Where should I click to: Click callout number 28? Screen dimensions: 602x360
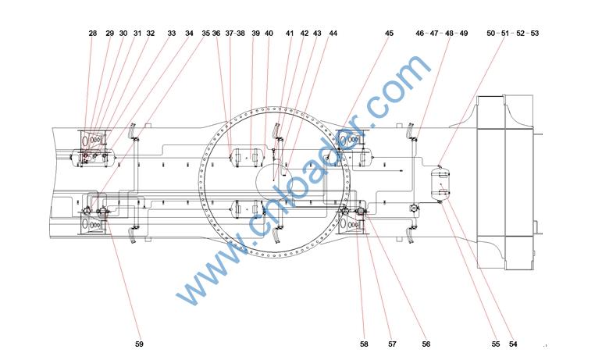click(x=93, y=34)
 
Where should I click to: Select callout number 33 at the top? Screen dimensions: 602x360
click(x=171, y=34)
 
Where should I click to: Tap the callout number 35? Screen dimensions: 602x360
click(x=206, y=34)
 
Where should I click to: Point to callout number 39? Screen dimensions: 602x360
click(x=255, y=34)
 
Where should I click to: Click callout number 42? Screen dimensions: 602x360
click(x=304, y=34)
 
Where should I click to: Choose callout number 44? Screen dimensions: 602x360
click(x=333, y=34)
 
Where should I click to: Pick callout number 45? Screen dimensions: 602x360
click(x=389, y=34)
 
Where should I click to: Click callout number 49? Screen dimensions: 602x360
click(x=463, y=34)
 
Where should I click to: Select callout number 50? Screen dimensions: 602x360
click(x=490, y=34)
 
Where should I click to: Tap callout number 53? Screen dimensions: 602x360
click(x=534, y=34)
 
